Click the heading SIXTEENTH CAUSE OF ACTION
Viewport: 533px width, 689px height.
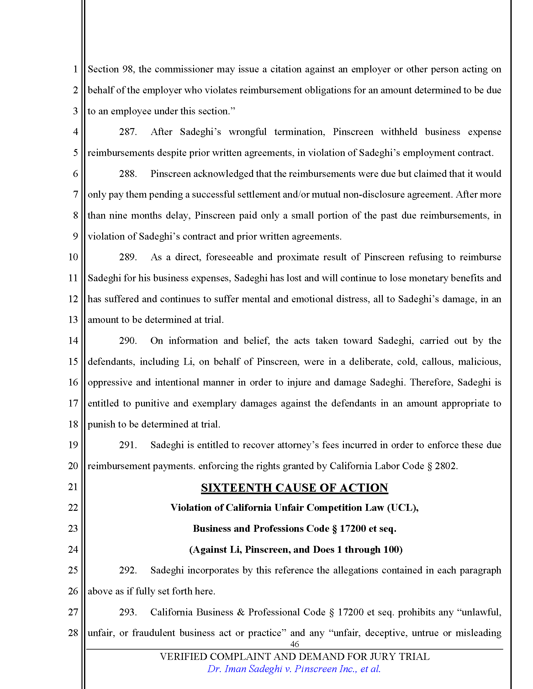(x=294, y=488)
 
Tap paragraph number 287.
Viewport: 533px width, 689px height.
(x=128, y=132)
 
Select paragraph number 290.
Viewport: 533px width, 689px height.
(x=128, y=341)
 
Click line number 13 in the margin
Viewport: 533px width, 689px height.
(x=73, y=319)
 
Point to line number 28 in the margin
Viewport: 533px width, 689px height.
(x=73, y=633)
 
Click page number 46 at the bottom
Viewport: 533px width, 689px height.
(x=294, y=644)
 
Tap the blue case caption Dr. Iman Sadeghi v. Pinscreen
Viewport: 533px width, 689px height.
(x=294, y=669)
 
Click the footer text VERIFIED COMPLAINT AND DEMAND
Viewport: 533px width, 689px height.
(x=294, y=656)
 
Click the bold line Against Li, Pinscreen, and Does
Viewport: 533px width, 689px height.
(x=296, y=550)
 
